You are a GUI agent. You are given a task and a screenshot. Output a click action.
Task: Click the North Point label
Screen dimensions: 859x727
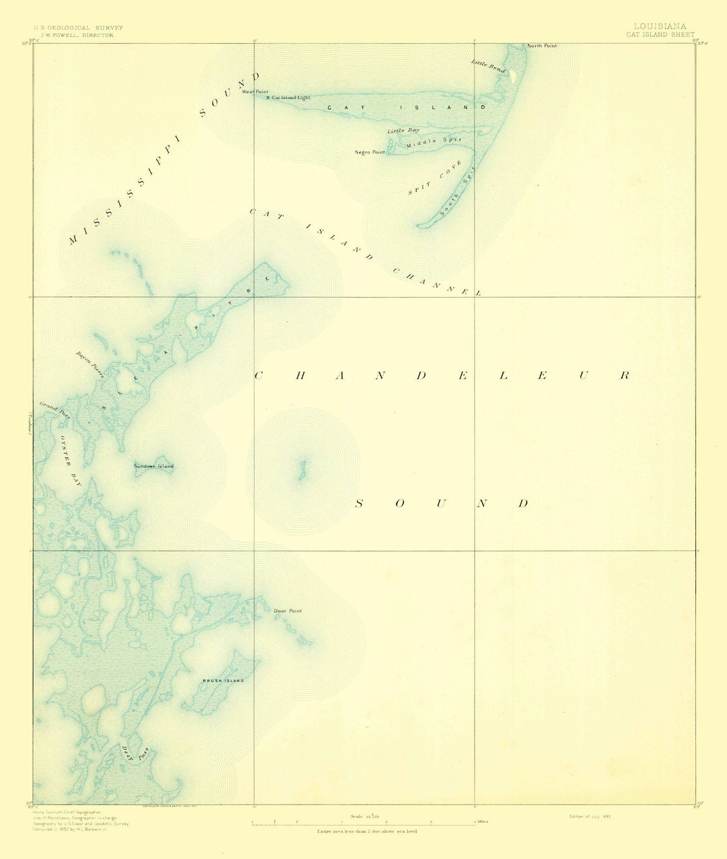(x=541, y=46)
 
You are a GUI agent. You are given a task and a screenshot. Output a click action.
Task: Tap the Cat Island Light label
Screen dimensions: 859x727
(x=290, y=98)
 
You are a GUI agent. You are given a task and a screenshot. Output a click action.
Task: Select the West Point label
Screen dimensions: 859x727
(x=255, y=92)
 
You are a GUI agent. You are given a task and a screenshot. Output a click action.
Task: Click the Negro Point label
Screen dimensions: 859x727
(x=370, y=152)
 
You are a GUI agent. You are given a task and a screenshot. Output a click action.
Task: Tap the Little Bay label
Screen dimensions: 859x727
(x=403, y=129)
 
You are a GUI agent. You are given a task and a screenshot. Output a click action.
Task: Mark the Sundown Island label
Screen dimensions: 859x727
(x=153, y=466)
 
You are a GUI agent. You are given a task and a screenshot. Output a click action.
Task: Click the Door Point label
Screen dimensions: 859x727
(x=287, y=611)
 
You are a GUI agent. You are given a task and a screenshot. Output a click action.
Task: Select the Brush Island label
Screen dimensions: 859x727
(x=223, y=681)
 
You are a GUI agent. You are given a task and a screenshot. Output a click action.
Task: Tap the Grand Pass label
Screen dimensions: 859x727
(x=55, y=411)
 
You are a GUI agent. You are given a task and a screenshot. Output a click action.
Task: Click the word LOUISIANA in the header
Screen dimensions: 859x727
(x=660, y=27)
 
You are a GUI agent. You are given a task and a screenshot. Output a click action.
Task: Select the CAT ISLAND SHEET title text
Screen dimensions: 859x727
(x=660, y=34)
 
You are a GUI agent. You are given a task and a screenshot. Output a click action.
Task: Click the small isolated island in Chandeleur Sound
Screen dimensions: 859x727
(x=302, y=469)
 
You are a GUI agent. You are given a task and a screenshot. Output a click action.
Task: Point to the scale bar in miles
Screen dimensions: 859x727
(x=363, y=823)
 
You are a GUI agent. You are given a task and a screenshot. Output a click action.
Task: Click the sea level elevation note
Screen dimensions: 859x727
(x=367, y=832)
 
